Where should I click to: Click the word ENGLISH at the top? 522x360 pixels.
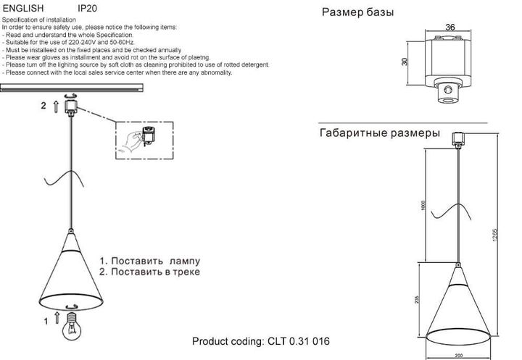point(24,8)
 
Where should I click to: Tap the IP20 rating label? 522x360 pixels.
point(87,8)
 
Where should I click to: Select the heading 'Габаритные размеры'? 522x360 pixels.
point(379,134)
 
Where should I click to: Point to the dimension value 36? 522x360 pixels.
point(449,28)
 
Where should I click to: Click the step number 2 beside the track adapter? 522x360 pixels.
point(43,106)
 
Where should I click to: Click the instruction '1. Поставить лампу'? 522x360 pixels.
point(149,260)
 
